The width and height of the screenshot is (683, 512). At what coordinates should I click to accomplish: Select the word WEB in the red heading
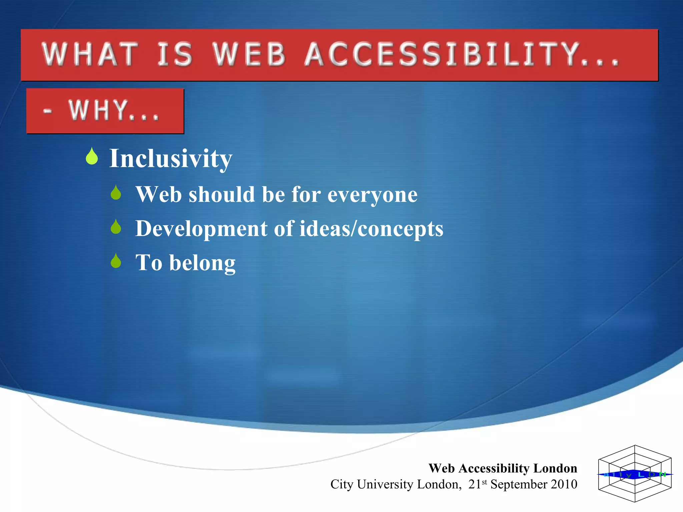click(249, 54)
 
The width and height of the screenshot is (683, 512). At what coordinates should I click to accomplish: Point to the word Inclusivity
click(171, 159)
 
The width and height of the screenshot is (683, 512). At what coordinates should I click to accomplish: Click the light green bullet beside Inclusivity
click(92, 156)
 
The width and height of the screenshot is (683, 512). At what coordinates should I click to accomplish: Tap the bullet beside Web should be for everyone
click(116, 193)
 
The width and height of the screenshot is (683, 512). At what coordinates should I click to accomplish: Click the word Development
click(201, 229)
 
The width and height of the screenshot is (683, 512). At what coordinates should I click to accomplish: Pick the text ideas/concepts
click(371, 229)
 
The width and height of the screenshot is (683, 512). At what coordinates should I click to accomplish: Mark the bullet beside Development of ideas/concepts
click(116, 227)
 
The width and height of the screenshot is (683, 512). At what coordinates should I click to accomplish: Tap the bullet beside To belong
click(116, 261)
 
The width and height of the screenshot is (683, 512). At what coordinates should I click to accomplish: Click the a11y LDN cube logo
click(635, 474)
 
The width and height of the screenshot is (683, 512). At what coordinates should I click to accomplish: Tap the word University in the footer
click(385, 484)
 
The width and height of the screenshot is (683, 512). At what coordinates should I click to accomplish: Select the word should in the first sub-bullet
click(222, 194)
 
